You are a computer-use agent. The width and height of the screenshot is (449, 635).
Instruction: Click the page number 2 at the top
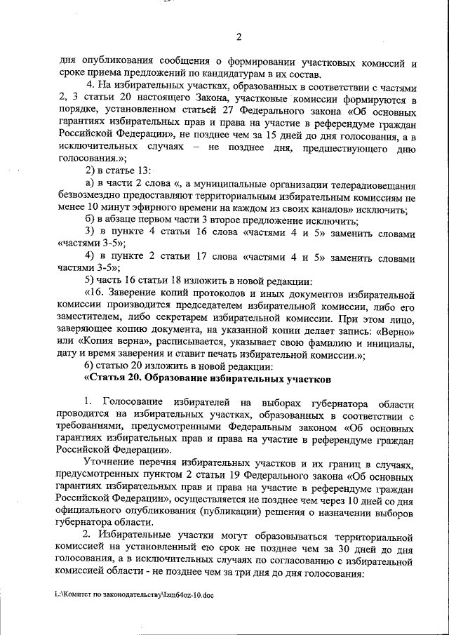coord(238,38)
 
